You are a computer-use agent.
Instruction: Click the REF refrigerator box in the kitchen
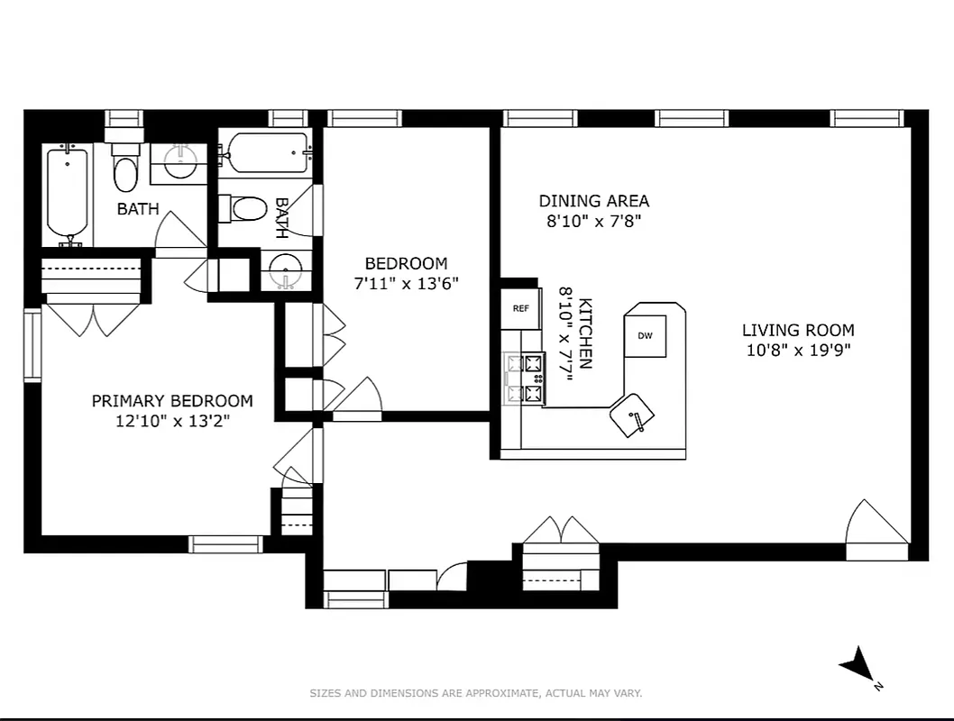pos(520,308)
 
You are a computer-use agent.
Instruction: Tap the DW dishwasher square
pos(645,336)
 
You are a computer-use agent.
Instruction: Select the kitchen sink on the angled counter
pos(633,415)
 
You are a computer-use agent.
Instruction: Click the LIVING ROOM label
pos(798,330)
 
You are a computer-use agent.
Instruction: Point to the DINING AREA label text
pos(593,201)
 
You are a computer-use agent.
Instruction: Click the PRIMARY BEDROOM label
pos(172,401)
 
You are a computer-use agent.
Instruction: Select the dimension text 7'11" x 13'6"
pos(406,283)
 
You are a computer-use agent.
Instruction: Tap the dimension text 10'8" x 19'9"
pos(798,350)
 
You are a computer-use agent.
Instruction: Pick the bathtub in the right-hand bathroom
pos(268,152)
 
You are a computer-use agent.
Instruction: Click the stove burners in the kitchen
pos(525,379)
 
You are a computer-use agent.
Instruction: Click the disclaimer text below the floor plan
pos(475,693)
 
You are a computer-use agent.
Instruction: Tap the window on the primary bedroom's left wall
pos(32,345)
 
